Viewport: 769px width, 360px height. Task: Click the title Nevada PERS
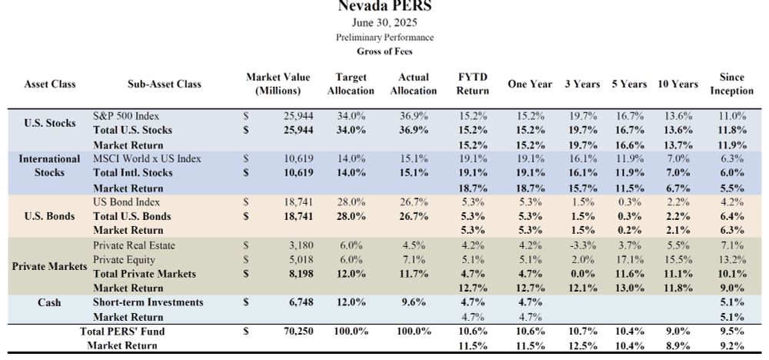coord(384,7)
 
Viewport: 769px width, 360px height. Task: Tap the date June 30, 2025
coord(384,23)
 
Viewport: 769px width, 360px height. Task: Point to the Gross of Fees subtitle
coord(384,52)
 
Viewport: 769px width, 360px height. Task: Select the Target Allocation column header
coord(351,84)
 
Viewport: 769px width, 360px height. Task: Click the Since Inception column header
coord(731,84)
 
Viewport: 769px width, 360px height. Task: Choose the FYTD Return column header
coord(473,84)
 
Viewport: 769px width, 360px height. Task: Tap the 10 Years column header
coord(677,84)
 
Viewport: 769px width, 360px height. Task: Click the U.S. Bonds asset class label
coord(50,216)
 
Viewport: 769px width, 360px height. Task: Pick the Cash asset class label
coord(50,302)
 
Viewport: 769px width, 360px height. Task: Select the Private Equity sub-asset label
coord(123,260)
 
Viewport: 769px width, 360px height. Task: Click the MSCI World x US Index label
coord(147,158)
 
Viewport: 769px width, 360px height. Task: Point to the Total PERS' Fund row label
coord(122,332)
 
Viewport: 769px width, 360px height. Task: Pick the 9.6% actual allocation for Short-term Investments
coord(413,302)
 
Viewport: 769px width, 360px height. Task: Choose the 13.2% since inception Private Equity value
coord(731,260)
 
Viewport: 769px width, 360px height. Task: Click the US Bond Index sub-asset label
coord(127,202)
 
